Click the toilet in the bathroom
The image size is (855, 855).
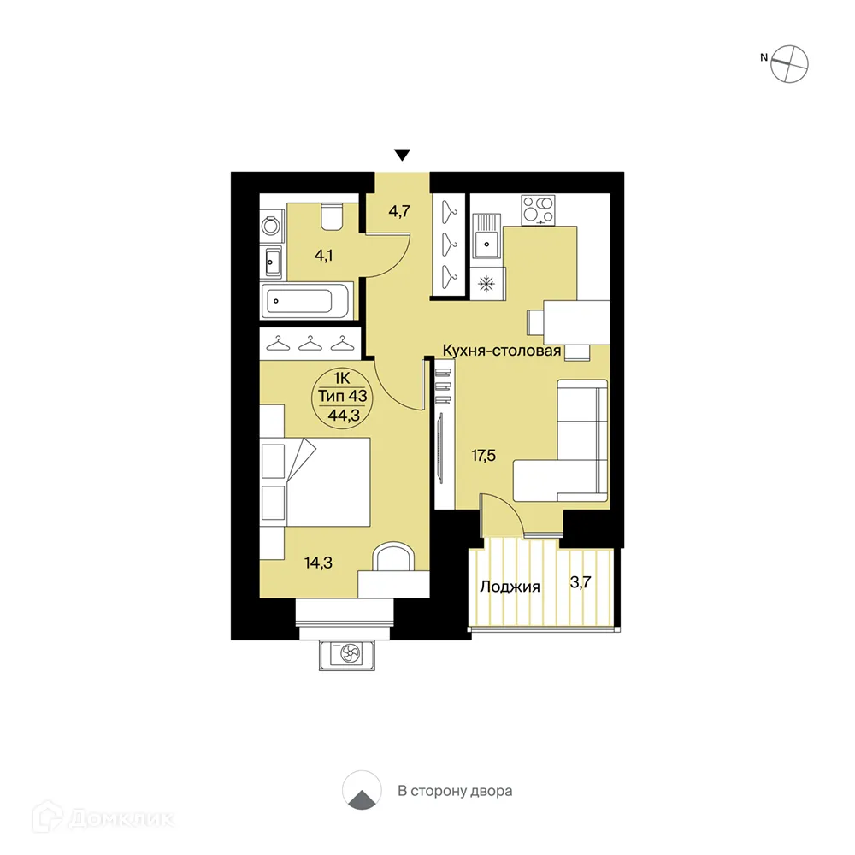(331, 216)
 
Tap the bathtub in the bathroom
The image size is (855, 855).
(305, 300)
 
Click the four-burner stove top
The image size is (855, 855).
(538, 210)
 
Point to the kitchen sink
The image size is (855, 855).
(486, 236)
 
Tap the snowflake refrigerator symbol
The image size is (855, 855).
(486, 284)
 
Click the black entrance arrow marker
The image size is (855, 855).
(403, 156)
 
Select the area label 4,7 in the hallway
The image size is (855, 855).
(399, 211)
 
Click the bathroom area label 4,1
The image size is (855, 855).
(324, 255)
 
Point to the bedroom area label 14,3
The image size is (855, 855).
(318, 563)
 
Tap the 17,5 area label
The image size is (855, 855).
(484, 456)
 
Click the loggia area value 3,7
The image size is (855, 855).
(581, 582)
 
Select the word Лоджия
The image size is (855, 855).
(510, 587)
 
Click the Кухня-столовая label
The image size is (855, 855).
(502, 351)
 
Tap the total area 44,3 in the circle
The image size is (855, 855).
(344, 416)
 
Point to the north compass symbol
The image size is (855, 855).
(789, 64)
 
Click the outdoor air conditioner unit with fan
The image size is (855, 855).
(347, 654)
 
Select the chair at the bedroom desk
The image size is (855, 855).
(393, 557)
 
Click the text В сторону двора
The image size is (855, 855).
(455, 791)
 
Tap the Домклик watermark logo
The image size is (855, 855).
(103, 818)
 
